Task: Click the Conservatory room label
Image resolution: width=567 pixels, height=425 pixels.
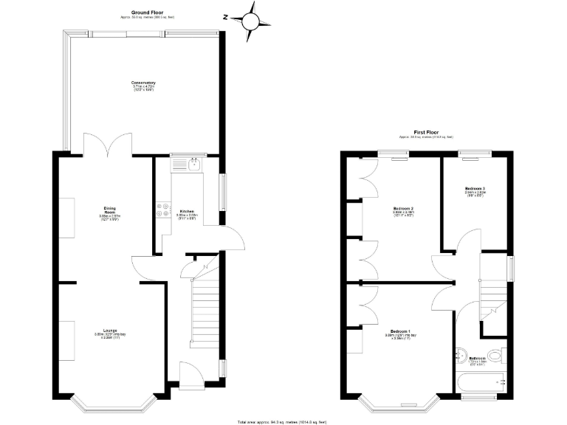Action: (143, 84)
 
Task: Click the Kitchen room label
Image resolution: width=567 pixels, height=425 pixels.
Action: (186, 212)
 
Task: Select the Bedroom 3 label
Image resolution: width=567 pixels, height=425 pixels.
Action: (475, 190)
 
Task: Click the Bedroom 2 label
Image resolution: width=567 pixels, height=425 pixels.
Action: (402, 209)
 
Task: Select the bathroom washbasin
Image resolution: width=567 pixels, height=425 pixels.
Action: (460, 355)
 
